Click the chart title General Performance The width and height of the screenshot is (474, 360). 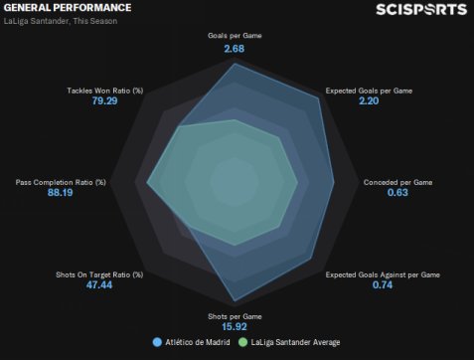click(x=68, y=8)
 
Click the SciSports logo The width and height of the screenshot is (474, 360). click(x=421, y=10)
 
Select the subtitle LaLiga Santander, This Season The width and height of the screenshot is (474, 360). click(x=61, y=21)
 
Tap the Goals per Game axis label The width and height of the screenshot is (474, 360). click(x=235, y=36)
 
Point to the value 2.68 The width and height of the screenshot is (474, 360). click(x=235, y=49)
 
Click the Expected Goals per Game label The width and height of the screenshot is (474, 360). click(x=369, y=90)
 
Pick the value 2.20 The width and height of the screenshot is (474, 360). click(x=369, y=100)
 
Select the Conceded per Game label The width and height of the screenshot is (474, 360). click(x=397, y=182)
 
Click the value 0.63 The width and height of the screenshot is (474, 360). click(x=397, y=193)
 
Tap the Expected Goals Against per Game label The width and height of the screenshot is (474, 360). click(x=383, y=274)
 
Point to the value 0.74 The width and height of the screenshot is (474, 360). click(x=383, y=285)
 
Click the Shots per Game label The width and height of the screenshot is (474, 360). click(x=235, y=316)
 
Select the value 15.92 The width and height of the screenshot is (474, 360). click(x=235, y=327)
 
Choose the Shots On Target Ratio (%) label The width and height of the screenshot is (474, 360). click(x=99, y=274)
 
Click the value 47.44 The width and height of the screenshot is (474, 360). click(x=99, y=285)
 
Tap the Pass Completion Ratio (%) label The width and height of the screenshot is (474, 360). click(x=61, y=182)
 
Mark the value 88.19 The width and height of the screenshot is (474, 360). click(x=60, y=193)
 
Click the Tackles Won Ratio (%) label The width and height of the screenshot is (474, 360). click(x=105, y=90)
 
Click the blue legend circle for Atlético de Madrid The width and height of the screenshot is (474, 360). click(x=157, y=342)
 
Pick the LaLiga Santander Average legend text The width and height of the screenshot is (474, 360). click(x=295, y=342)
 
